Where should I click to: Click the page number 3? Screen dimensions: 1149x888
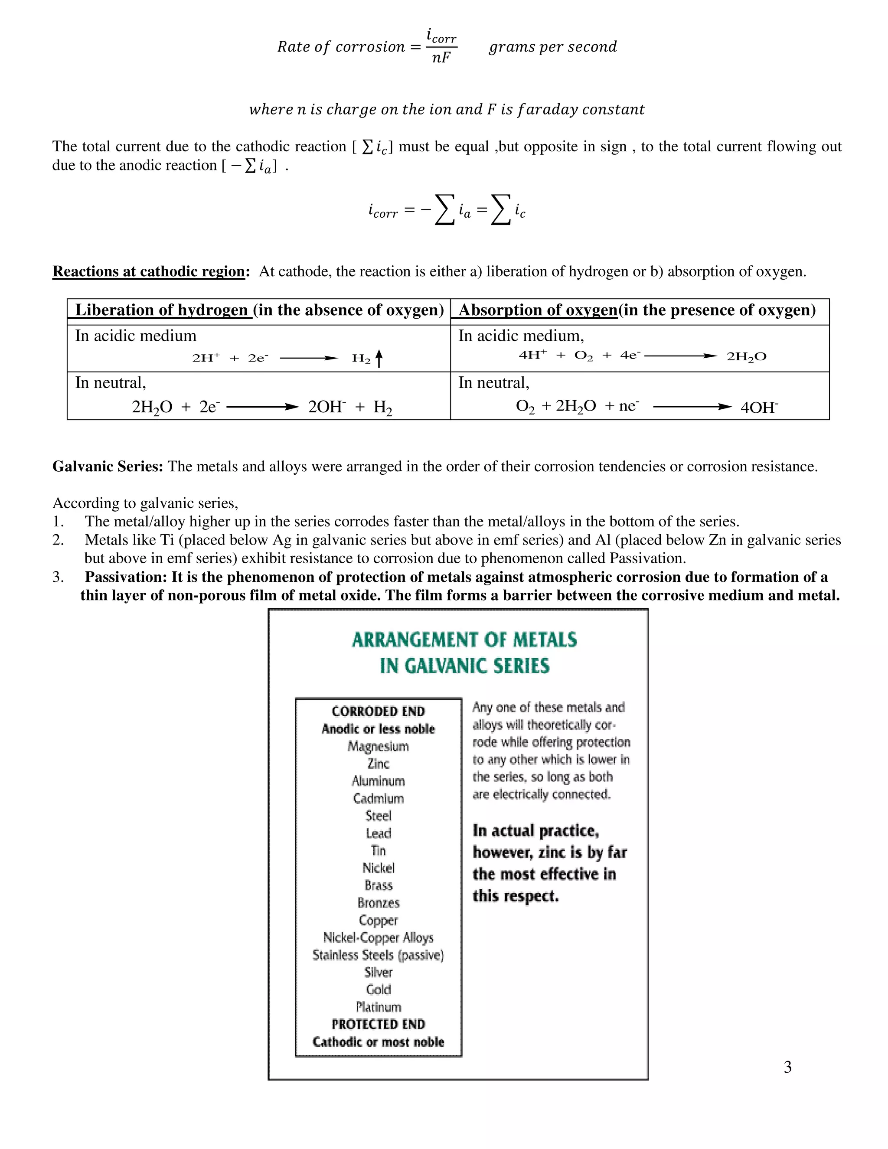pos(787,1067)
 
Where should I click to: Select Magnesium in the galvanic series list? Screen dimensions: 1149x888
pos(378,747)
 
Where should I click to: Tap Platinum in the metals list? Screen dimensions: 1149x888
pos(378,1007)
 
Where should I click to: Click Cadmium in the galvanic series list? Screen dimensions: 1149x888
pos(378,799)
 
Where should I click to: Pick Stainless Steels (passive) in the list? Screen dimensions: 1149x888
pos(378,955)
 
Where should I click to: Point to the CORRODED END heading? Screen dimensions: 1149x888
pos(378,711)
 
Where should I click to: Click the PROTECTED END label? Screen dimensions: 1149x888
pos(378,1024)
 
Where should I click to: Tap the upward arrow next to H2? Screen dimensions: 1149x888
pos(379,358)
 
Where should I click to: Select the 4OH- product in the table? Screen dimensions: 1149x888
pos(759,408)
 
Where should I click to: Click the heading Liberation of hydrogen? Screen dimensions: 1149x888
pos(161,310)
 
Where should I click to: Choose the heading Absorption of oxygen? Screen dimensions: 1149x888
pos(538,310)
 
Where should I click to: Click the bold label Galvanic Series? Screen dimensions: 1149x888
pos(108,467)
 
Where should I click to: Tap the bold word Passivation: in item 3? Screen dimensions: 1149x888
pos(126,577)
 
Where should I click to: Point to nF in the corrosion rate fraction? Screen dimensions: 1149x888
pos(441,57)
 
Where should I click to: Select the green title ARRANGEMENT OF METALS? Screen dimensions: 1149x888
pos(464,640)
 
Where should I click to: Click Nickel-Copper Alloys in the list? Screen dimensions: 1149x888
pos(378,937)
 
